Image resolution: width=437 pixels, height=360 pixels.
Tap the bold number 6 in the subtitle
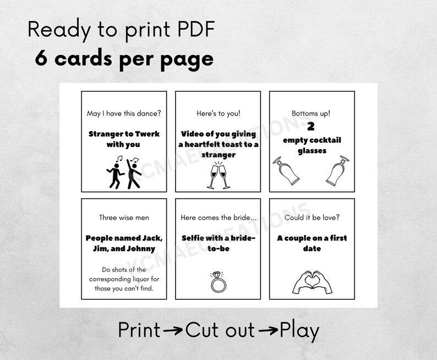click(x=41, y=58)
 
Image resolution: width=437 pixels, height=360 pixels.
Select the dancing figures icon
click(x=124, y=172)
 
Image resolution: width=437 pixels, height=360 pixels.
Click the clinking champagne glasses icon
click(x=218, y=176)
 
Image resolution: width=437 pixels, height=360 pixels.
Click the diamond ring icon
click(x=218, y=282)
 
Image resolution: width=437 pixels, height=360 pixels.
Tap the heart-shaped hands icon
click(x=312, y=281)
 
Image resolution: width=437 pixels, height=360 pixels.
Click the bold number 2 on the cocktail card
click(x=311, y=127)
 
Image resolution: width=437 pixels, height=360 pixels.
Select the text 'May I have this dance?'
click(x=124, y=114)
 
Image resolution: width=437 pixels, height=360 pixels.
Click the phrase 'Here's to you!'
click(x=218, y=114)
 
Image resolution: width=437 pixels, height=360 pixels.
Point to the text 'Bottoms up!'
click(x=311, y=114)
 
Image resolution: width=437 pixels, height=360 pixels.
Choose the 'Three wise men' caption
click(x=124, y=217)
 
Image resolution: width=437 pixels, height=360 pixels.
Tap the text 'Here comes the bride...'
click(x=218, y=217)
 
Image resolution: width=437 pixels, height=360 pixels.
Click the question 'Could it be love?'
click(x=312, y=217)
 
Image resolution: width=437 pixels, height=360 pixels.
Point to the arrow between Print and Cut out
click(x=173, y=331)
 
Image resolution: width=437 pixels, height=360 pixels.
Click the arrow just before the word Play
click(x=268, y=331)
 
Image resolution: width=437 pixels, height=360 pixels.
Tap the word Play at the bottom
click(x=300, y=331)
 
